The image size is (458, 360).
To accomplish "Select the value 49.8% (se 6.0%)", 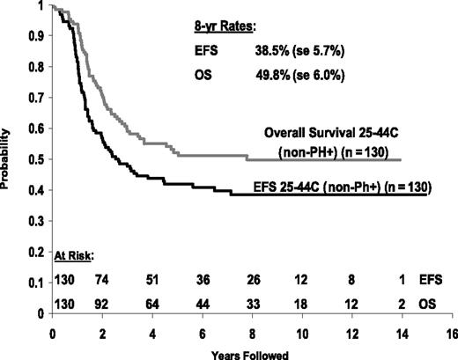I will pos(296,75).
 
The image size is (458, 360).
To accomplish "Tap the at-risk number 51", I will pos(153,282).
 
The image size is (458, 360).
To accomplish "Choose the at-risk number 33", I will pos(254,301).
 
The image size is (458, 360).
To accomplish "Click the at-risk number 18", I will pos(304,301).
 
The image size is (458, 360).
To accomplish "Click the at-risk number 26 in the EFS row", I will pos(254,282).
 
